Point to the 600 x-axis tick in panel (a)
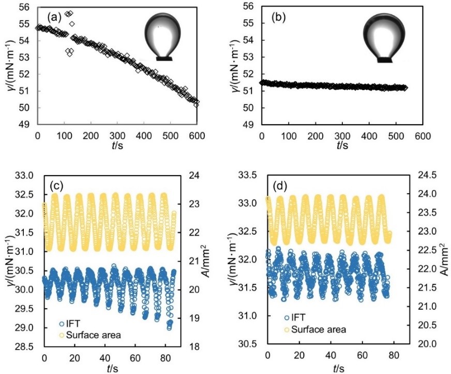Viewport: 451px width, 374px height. point(198,135)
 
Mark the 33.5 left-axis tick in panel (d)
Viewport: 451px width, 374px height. point(247,175)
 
